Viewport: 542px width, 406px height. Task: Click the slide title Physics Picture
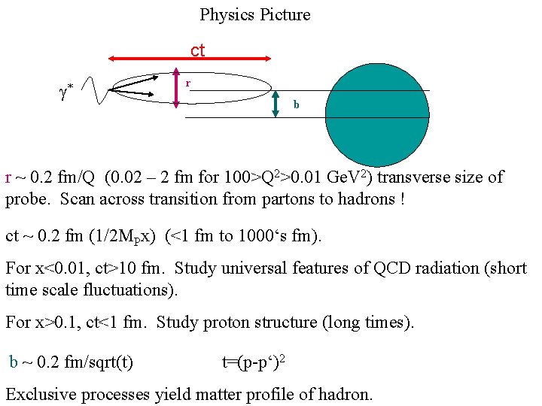(254, 14)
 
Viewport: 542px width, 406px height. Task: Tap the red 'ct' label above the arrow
(197, 50)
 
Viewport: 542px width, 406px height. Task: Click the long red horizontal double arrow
(189, 57)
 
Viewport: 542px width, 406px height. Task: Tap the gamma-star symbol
(65, 93)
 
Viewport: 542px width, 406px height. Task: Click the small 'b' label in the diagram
(296, 105)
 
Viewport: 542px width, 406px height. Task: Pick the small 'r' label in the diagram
(188, 83)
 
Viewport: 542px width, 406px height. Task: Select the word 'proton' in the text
(222, 323)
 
